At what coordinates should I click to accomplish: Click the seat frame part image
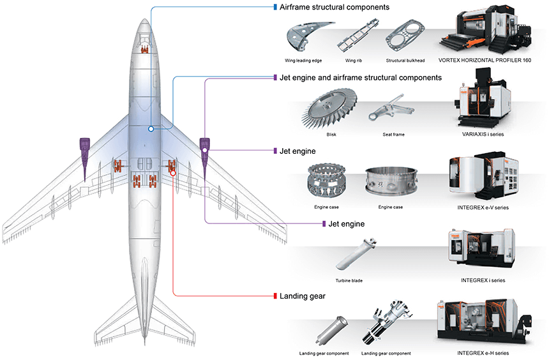pos(391,111)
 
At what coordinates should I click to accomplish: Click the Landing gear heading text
pos(303,296)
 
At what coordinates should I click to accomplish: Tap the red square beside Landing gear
pos(274,296)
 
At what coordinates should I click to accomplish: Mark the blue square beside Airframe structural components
pos(274,7)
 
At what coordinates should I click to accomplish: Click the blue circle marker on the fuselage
pos(151,129)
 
